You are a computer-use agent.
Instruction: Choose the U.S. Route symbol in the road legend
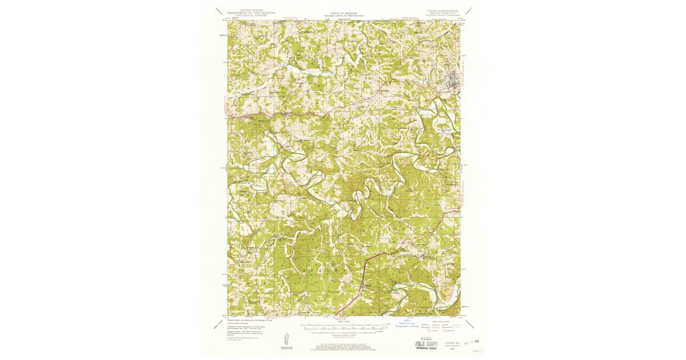click(x=425, y=330)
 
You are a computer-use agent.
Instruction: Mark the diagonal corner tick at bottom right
click(x=468, y=323)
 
